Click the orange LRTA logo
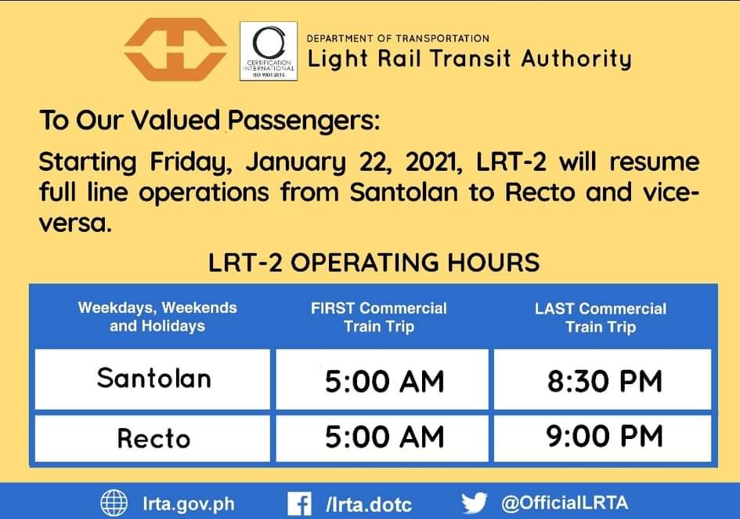tap(175, 49)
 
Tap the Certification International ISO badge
tap(269, 51)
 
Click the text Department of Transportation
tap(398, 38)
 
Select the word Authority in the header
tap(576, 60)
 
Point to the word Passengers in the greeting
tap(304, 120)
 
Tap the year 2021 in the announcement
tap(434, 162)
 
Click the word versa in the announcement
tap(75, 223)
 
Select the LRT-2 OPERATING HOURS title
tap(374, 263)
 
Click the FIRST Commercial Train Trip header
tap(379, 318)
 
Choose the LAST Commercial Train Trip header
tap(601, 318)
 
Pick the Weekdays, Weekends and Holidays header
tap(157, 317)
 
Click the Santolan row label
tap(153, 378)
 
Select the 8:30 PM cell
tap(605, 381)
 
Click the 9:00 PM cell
tap(605, 436)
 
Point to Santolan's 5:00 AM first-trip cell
tap(384, 382)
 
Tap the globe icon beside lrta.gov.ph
tap(114, 503)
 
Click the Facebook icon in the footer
tap(300, 504)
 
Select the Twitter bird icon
tap(475, 503)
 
